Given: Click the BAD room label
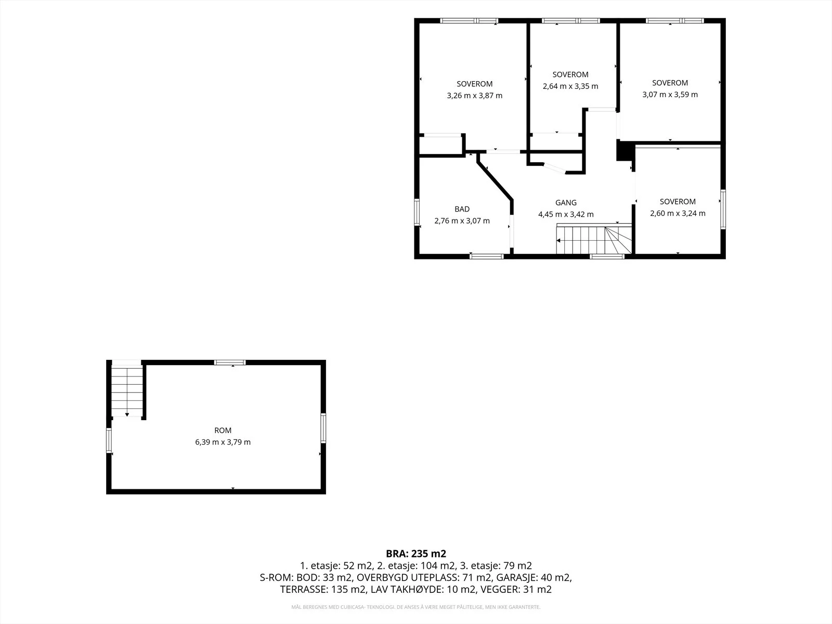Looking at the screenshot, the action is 462,209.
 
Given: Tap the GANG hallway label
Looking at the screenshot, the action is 566,203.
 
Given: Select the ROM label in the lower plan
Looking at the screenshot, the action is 223,431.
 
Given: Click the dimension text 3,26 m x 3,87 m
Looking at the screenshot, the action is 474,96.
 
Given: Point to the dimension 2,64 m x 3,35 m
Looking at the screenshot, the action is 570,86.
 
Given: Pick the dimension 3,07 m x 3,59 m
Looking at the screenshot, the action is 670,94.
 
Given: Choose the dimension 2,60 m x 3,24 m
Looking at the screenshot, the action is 678,213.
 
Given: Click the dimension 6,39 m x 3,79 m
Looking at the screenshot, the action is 223,442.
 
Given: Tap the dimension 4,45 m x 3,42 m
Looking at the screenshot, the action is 566,214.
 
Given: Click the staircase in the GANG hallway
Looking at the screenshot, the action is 594,239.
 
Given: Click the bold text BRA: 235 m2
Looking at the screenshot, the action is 416,553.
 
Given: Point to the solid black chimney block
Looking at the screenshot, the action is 624,150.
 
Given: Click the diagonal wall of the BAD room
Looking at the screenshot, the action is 495,177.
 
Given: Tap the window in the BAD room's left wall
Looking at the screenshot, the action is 417,212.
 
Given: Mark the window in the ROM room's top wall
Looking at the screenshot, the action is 230,362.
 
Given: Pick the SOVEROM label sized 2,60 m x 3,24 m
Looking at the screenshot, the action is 678,202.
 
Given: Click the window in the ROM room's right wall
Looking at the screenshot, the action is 323,428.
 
